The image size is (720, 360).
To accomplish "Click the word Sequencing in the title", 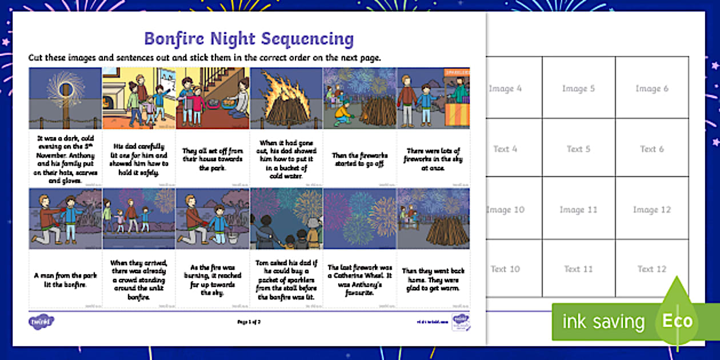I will click(x=307, y=39).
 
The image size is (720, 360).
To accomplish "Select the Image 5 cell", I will click(x=578, y=89).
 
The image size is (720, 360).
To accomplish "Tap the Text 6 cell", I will click(x=651, y=149).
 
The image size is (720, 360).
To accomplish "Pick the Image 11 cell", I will click(x=578, y=210).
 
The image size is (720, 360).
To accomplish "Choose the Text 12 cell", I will click(x=651, y=269).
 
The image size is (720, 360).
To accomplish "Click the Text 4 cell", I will click(x=505, y=149).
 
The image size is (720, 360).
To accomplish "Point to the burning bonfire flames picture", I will click(x=286, y=98).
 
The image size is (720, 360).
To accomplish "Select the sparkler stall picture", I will click(x=433, y=98).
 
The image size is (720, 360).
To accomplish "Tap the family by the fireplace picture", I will click(x=139, y=98).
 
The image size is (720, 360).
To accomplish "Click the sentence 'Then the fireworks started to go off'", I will click(x=359, y=159).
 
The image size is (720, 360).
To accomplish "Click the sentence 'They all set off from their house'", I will click(x=213, y=159).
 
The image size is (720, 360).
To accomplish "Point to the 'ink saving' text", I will click(x=603, y=322).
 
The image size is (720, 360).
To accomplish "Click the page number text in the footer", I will click(x=249, y=322).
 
